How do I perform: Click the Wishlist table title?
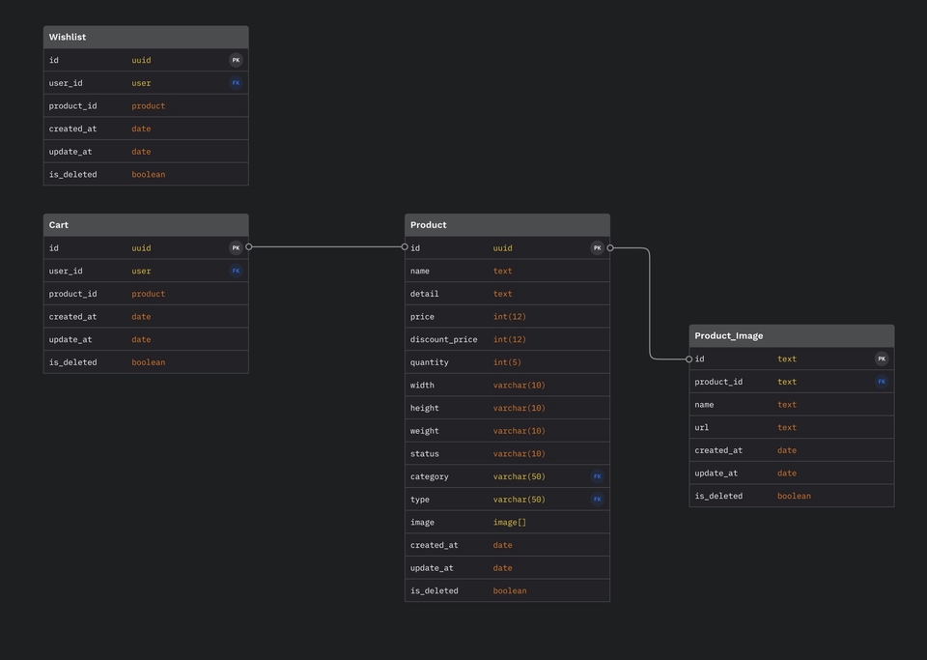[x=68, y=38]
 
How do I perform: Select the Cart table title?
[x=59, y=225]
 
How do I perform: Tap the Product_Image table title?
[x=728, y=336]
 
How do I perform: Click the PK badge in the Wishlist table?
[x=236, y=60]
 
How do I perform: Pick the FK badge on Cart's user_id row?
[x=236, y=272]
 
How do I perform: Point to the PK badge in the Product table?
[x=597, y=248]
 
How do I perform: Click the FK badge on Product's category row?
[x=597, y=476]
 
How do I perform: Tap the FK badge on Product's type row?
[x=597, y=500]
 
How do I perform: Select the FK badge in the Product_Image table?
[x=882, y=382]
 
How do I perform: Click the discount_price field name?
[x=443, y=339]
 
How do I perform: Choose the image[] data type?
[x=509, y=522]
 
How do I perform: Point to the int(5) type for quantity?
[x=507, y=362]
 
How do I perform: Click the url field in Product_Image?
[x=701, y=427]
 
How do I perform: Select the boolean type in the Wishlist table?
[x=149, y=175]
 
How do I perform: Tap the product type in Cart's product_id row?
[x=149, y=294]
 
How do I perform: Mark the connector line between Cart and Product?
[x=327, y=247]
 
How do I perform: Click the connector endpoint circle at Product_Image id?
[x=688, y=359]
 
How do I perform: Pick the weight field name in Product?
[x=425, y=431]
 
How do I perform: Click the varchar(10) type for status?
[x=520, y=454]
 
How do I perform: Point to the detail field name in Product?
[x=425, y=294]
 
